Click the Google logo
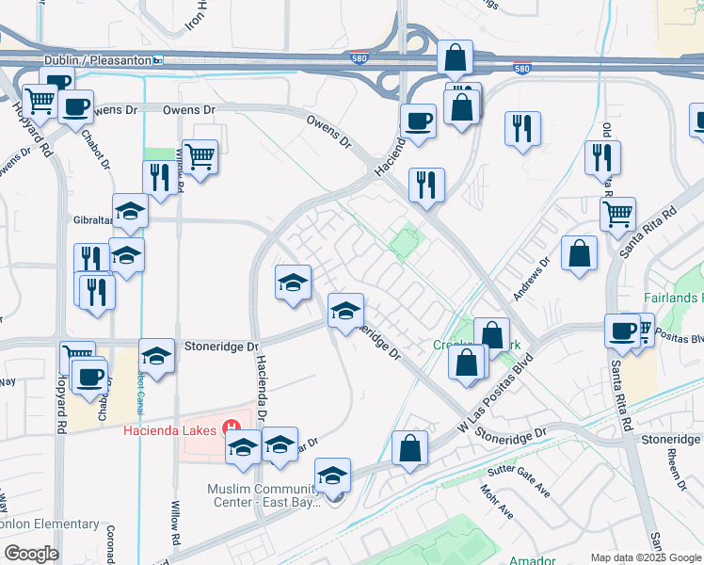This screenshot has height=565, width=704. (31, 554)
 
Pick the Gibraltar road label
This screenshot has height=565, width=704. (92, 219)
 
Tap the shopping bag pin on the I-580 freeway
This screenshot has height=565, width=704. (455, 59)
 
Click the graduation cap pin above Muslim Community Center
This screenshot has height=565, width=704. (331, 476)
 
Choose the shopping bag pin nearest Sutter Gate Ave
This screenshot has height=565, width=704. (409, 449)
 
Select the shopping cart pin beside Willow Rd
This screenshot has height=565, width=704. (200, 157)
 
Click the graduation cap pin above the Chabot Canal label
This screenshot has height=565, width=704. (156, 357)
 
